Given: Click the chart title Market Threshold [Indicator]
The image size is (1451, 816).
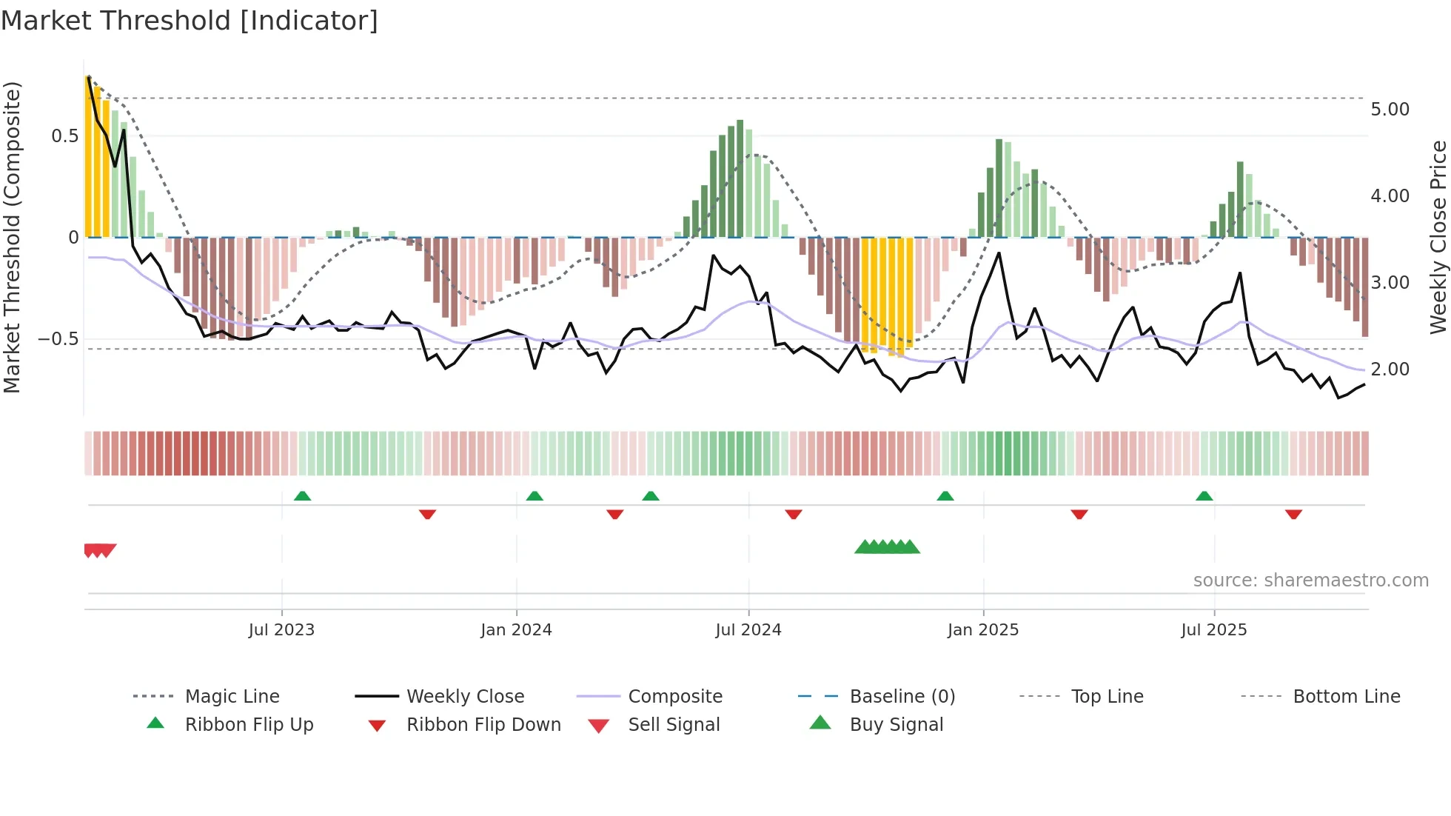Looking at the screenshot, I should click(190, 21).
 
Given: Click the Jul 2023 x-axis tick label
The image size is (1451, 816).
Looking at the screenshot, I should click(281, 630).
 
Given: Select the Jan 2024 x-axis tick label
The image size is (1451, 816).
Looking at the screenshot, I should click(516, 630).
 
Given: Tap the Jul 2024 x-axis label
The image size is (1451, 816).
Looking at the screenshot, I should click(748, 630).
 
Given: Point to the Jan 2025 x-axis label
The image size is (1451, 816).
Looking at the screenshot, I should click(983, 630).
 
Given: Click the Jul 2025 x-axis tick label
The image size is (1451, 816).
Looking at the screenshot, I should click(1214, 630).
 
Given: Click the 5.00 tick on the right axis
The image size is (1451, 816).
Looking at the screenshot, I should click(1390, 110).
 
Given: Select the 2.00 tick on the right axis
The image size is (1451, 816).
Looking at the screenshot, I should click(1390, 369).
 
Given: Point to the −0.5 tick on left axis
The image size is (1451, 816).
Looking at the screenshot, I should click(58, 339).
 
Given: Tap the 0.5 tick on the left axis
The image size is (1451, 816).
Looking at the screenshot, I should click(64, 136).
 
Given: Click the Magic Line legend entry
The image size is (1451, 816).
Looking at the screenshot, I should click(232, 697).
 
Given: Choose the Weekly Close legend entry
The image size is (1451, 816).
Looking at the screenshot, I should click(465, 697).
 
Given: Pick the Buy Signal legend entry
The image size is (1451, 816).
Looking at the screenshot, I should click(896, 725).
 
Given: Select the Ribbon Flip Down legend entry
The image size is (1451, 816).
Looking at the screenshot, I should click(483, 725).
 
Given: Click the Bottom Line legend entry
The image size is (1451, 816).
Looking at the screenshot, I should click(1346, 697).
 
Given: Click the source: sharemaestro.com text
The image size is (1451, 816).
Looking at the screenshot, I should click(1310, 581).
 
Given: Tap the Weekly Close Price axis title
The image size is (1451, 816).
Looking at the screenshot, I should click(1438, 237).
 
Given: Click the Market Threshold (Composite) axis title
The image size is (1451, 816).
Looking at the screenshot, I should click(12, 237).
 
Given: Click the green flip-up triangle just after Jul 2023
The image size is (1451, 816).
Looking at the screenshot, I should click(302, 496).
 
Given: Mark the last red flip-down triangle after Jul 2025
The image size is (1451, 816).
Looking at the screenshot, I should click(1293, 514).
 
